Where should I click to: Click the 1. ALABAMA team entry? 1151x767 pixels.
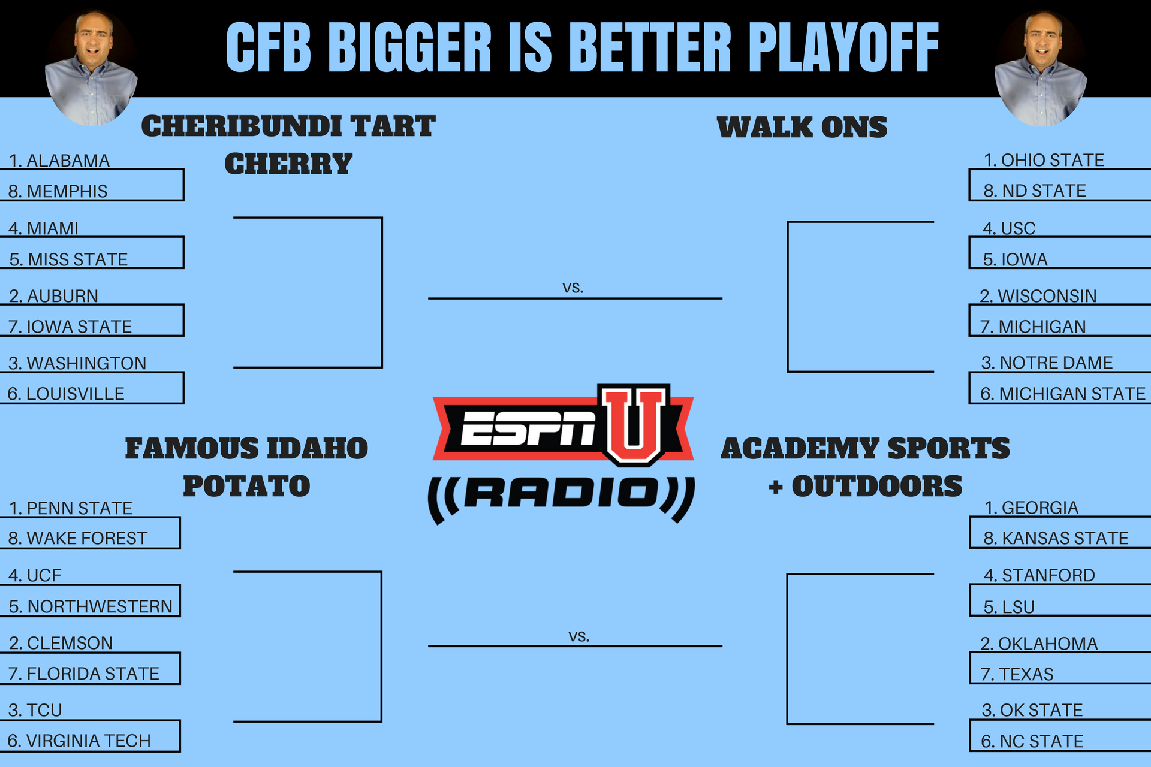[x=59, y=161]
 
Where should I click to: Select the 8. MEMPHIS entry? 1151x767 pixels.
[x=58, y=191]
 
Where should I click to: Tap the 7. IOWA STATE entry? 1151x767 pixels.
[x=70, y=327]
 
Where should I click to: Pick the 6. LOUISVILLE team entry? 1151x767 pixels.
[x=66, y=394]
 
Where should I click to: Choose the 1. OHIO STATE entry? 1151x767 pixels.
[x=1044, y=160]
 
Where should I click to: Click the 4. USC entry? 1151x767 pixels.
[x=1009, y=228]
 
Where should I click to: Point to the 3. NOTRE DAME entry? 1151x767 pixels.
[x=1047, y=363]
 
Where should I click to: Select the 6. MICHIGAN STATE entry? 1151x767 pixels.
[x=1063, y=394]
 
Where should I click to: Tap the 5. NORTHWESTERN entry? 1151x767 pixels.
[x=91, y=606]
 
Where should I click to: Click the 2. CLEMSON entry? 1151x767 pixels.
[x=61, y=643]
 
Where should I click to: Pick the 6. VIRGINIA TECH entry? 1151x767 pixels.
[x=79, y=741]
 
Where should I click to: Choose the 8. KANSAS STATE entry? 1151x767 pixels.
[x=1056, y=538]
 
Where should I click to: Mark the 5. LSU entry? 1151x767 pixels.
[x=1009, y=607]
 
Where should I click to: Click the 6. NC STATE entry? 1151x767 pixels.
[x=1032, y=741]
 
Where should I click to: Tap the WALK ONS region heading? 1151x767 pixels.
[x=802, y=128]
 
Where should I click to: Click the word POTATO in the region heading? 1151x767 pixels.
[x=246, y=486]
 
